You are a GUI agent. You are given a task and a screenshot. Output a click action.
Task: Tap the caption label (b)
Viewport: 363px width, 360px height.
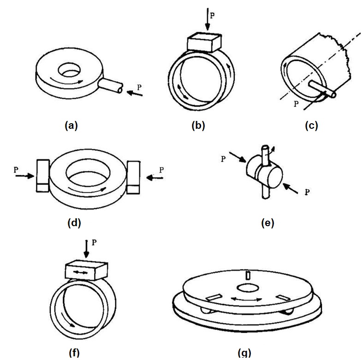(198, 126)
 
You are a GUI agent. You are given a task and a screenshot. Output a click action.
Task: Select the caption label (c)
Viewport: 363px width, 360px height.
(312, 126)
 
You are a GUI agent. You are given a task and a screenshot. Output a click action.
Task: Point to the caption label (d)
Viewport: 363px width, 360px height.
(74, 223)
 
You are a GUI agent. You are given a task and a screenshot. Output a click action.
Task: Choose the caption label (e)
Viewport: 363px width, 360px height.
(267, 223)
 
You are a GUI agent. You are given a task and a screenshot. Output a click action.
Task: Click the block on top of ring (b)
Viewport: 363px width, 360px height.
(204, 44)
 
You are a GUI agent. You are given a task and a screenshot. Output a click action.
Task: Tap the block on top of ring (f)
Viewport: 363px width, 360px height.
(86, 270)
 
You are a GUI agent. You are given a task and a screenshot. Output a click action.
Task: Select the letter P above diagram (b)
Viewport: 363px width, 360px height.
(212, 14)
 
